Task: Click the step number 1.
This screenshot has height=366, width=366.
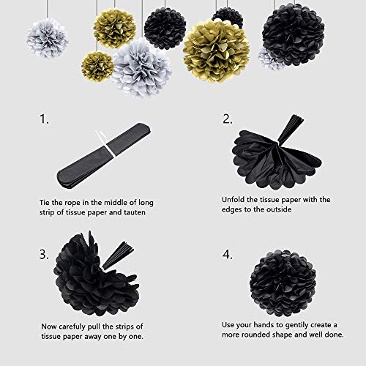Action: click(x=44, y=119)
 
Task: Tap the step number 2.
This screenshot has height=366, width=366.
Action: click(x=228, y=119)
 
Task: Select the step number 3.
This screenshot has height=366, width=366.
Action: click(x=44, y=255)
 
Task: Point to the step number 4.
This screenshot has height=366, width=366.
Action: click(x=228, y=255)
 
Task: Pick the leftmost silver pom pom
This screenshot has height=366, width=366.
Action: click(x=48, y=38)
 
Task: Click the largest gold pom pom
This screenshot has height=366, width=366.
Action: click(x=216, y=51)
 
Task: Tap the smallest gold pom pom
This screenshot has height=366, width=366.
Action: click(x=97, y=67)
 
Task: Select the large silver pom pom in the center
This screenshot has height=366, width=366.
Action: click(x=141, y=68)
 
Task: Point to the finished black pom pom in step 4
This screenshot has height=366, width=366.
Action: click(x=283, y=283)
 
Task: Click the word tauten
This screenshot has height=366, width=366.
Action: click(x=135, y=212)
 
